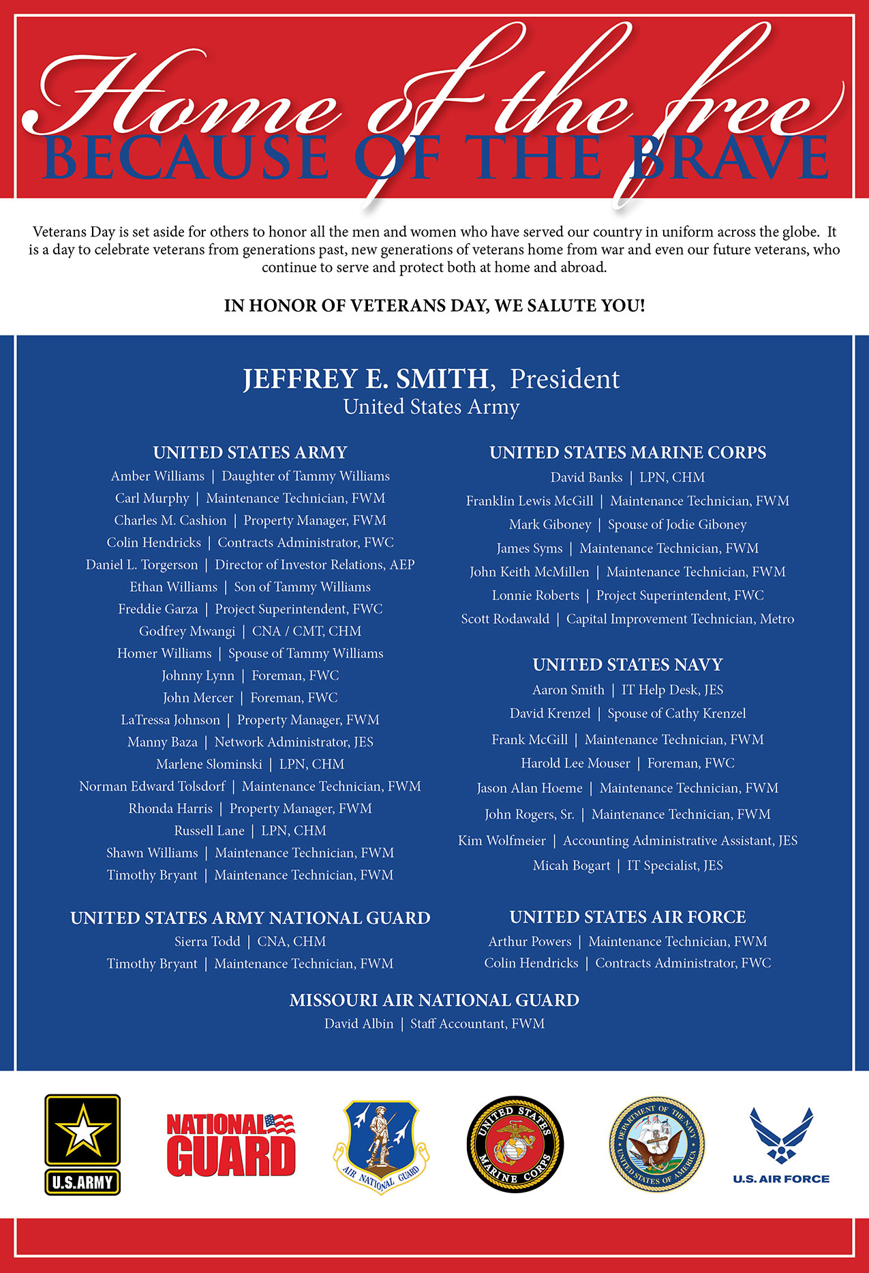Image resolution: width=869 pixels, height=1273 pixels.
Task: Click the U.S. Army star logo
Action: click(x=82, y=1144)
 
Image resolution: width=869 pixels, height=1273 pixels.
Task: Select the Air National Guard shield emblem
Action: click(x=381, y=1145)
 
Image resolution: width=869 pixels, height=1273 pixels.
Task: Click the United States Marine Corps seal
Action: click(x=515, y=1144)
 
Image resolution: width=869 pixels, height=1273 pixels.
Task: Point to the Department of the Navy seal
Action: click(x=656, y=1144)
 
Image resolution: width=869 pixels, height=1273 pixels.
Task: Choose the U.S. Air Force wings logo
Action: click(x=781, y=1142)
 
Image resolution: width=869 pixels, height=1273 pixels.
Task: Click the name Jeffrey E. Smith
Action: click(x=366, y=379)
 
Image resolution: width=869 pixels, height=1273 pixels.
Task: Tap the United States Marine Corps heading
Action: click(x=628, y=453)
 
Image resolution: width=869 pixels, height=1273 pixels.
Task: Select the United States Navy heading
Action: click(x=628, y=665)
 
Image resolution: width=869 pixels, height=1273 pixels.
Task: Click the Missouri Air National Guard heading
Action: click(x=434, y=1000)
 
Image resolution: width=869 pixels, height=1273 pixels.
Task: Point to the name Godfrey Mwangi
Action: click(x=187, y=631)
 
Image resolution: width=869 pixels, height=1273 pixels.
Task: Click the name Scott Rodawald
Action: click(x=505, y=619)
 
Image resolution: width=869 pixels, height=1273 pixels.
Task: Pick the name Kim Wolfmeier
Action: click(x=502, y=841)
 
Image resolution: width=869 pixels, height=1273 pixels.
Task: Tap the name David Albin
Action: click(x=359, y=1024)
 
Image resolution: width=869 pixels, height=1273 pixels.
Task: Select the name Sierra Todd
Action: click(x=207, y=942)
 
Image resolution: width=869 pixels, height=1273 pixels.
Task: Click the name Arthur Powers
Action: click(x=530, y=942)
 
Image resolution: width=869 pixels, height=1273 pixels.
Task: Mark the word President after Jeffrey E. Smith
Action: click(x=565, y=379)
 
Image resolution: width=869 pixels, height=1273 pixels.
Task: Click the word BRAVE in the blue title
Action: click(x=729, y=158)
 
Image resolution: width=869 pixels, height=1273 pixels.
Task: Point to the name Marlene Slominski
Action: click(x=209, y=764)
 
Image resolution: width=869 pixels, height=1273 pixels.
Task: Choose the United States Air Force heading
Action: click(x=628, y=917)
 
